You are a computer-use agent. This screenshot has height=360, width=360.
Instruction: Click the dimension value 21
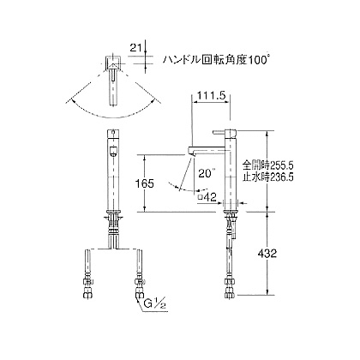(136, 48)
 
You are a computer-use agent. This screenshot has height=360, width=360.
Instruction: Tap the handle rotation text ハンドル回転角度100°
(217, 60)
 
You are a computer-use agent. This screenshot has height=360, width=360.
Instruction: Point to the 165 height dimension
(145, 183)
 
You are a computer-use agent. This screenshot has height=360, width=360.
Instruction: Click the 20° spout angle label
(207, 173)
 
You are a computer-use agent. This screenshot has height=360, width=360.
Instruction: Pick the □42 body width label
(207, 197)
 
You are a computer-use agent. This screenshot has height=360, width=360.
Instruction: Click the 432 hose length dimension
(267, 253)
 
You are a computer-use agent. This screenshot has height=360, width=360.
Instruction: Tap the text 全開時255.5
(268, 165)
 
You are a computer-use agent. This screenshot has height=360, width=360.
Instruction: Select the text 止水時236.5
(268, 177)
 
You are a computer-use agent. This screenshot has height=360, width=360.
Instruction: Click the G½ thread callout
(153, 303)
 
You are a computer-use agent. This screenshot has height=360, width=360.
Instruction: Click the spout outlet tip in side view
(192, 154)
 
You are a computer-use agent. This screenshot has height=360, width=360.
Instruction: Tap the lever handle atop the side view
(219, 132)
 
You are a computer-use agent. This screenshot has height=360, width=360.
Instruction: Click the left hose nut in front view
(88, 295)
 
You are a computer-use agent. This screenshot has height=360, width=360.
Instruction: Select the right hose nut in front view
(139, 295)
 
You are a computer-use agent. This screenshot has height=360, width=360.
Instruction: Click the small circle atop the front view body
(114, 132)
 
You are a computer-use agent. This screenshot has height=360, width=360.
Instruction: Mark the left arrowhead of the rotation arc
(69, 101)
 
